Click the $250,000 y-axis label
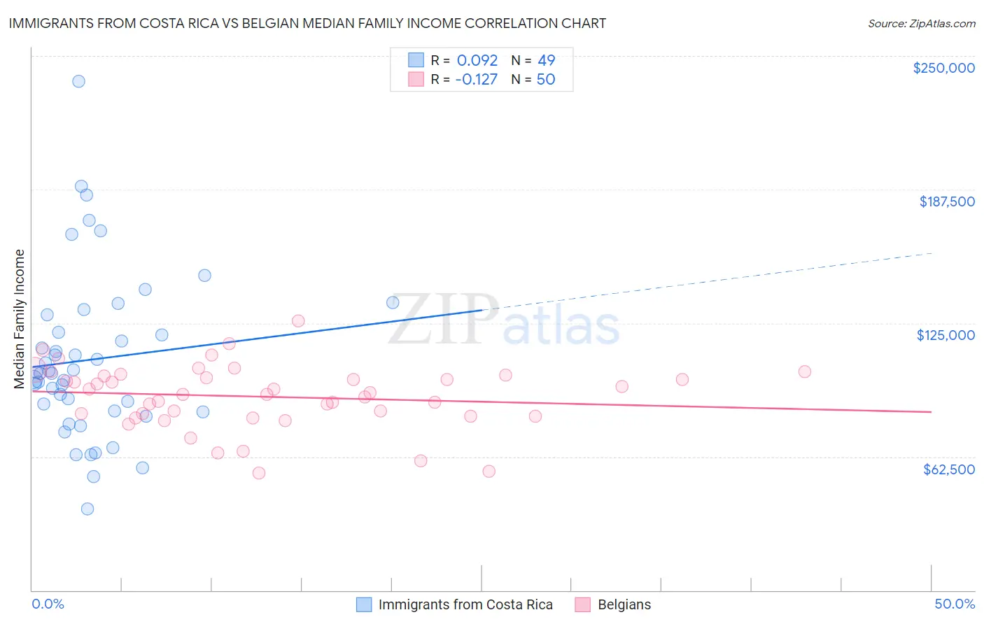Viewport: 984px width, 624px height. tap(943, 68)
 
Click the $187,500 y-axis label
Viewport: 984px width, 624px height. tap(946, 201)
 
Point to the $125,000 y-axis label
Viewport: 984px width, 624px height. tap(946, 335)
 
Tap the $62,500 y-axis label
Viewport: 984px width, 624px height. tap(948, 469)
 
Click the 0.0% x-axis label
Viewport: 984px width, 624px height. tap(48, 604)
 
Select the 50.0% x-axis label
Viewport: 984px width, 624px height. tap(954, 604)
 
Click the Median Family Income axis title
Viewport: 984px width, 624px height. tap(20, 319)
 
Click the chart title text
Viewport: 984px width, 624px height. tap(307, 23)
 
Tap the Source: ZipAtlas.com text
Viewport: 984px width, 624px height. tap(921, 23)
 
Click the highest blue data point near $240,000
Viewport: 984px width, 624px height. tap(78, 81)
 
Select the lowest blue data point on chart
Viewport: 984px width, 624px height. tap(87, 509)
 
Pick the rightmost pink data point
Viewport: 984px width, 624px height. tap(804, 371)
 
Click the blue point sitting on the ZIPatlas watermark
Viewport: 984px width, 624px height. tap(393, 302)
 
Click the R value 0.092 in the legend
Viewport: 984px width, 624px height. tap(477, 60)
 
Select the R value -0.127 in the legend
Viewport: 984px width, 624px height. tap(476, 79)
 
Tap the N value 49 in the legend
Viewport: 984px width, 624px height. tap(546, 60)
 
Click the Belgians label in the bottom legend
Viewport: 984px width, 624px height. tap(624, 604)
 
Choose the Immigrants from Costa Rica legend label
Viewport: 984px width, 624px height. tap(465, 604)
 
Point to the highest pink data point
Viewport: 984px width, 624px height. tap(298, 320)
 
